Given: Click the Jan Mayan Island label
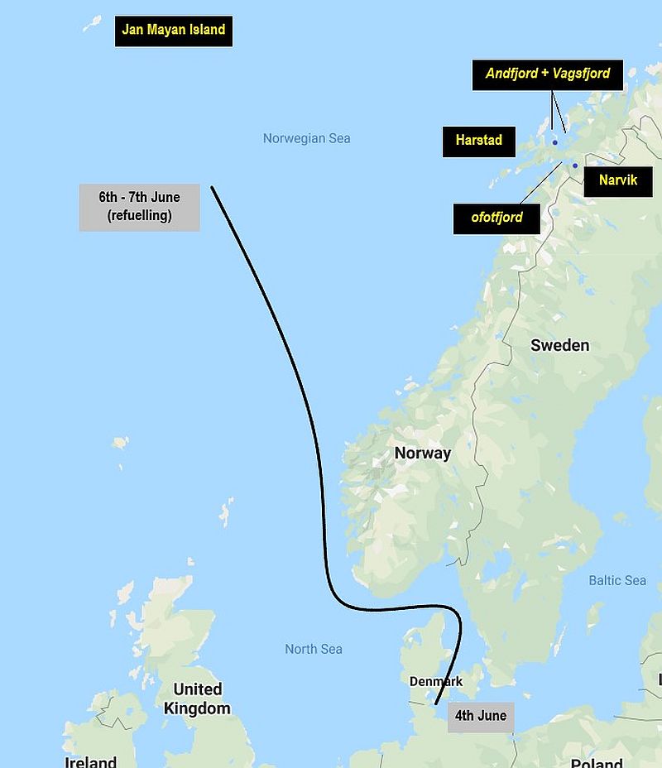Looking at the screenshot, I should [x=173, y=31].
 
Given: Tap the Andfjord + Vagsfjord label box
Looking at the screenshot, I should [x=548, y=74].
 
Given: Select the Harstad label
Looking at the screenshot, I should [x=478, y=141].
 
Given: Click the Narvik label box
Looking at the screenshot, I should [x=618, y=180].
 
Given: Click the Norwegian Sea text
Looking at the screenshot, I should [x=306, y=138].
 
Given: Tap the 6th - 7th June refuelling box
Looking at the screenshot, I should [x=139, y=207].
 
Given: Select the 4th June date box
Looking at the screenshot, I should [x=481, y=716].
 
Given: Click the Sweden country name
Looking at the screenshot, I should [x=559, y=345].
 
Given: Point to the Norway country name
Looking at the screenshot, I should [x=422, y=453].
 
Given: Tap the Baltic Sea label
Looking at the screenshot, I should [x=616, y=580].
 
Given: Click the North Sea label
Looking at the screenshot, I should [x=313, y=649].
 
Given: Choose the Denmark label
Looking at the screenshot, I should [x=435, y=681].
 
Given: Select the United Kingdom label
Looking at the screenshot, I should [x=197, y=698].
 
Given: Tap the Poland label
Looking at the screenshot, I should [x=596, y=762].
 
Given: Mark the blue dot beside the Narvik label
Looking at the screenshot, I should [x=575, y=166].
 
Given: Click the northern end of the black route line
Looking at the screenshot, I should [x=212, y=187].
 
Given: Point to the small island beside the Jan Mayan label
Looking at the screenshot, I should [x=92, y=23].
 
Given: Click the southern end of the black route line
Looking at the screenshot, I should [x=436, y=704].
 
